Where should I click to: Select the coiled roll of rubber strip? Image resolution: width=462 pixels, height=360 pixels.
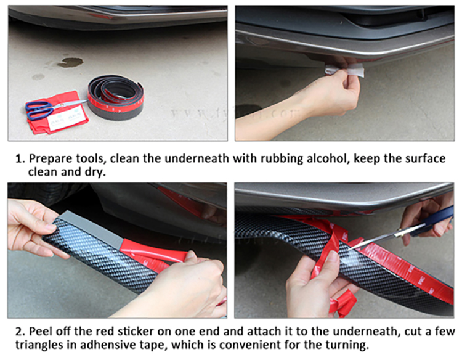tap(116, 97)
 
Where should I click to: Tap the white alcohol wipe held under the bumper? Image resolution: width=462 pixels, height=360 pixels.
tap(345, 70)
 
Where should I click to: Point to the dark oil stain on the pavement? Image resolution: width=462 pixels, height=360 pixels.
tap(70, 62)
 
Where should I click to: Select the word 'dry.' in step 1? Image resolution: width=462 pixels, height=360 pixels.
tap(95, 172)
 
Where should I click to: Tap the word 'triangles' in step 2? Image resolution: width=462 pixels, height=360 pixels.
tap(39, 345)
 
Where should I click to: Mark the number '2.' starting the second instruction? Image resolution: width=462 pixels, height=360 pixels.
tap(20, 332)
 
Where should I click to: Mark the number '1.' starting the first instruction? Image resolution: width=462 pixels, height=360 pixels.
tap(20, 159)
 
